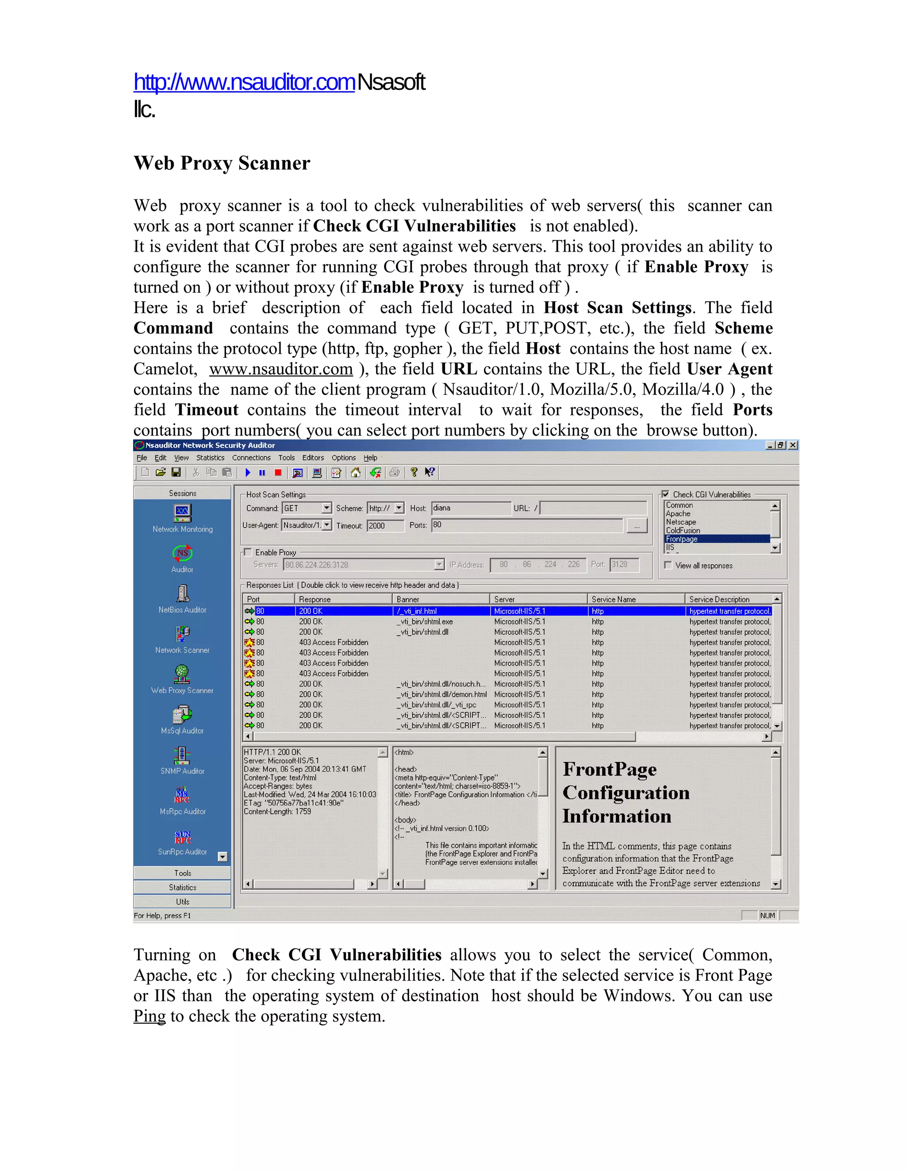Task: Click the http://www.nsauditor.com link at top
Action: [244, 82]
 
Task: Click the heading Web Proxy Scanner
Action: [222, 163]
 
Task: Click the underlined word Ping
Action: [150, 1016]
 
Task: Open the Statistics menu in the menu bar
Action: [210, 458]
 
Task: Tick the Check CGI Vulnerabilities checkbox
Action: [665, 494]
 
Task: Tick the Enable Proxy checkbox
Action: [248, 552]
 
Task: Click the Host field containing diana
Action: [471, 508]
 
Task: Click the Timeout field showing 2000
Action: [384, 525]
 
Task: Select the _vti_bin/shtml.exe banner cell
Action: [425, 621]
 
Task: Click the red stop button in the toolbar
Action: [278, 473]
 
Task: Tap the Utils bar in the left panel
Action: [182, 901]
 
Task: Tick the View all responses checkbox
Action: [668, 565]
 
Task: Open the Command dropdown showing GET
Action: [327, 508]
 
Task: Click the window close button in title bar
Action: [793, 445]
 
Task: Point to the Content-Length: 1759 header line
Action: [277, 812]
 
